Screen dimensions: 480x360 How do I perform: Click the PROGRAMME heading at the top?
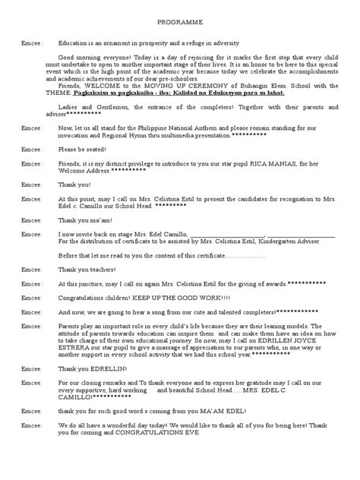[179, 24]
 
